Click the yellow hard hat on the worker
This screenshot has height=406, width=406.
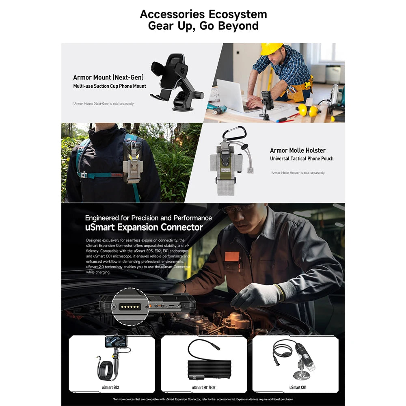pyautogui.click(x=271, y=48)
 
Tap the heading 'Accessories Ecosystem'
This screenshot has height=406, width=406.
pyautogui.click(x=203, y=14)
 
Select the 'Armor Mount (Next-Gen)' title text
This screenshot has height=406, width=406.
pyautogui.click(x=108, y=77)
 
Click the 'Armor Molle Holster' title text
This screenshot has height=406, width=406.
pyautogui.click(x=298, y=151)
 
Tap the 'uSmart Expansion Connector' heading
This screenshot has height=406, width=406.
pyautogui.click(x=144, y=227)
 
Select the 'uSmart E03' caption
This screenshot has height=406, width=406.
pyautogui.click(x=110, y=387)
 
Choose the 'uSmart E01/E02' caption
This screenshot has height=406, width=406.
pyautogui.click(x=203, y=387)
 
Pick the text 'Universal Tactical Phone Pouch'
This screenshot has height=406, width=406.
pyautogui.click(x=302, y=158)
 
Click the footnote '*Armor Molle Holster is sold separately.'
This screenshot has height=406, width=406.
pyautogui.click(x=298, y=173)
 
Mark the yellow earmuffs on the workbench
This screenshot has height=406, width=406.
pyautogui.click(x=309, y=109)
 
